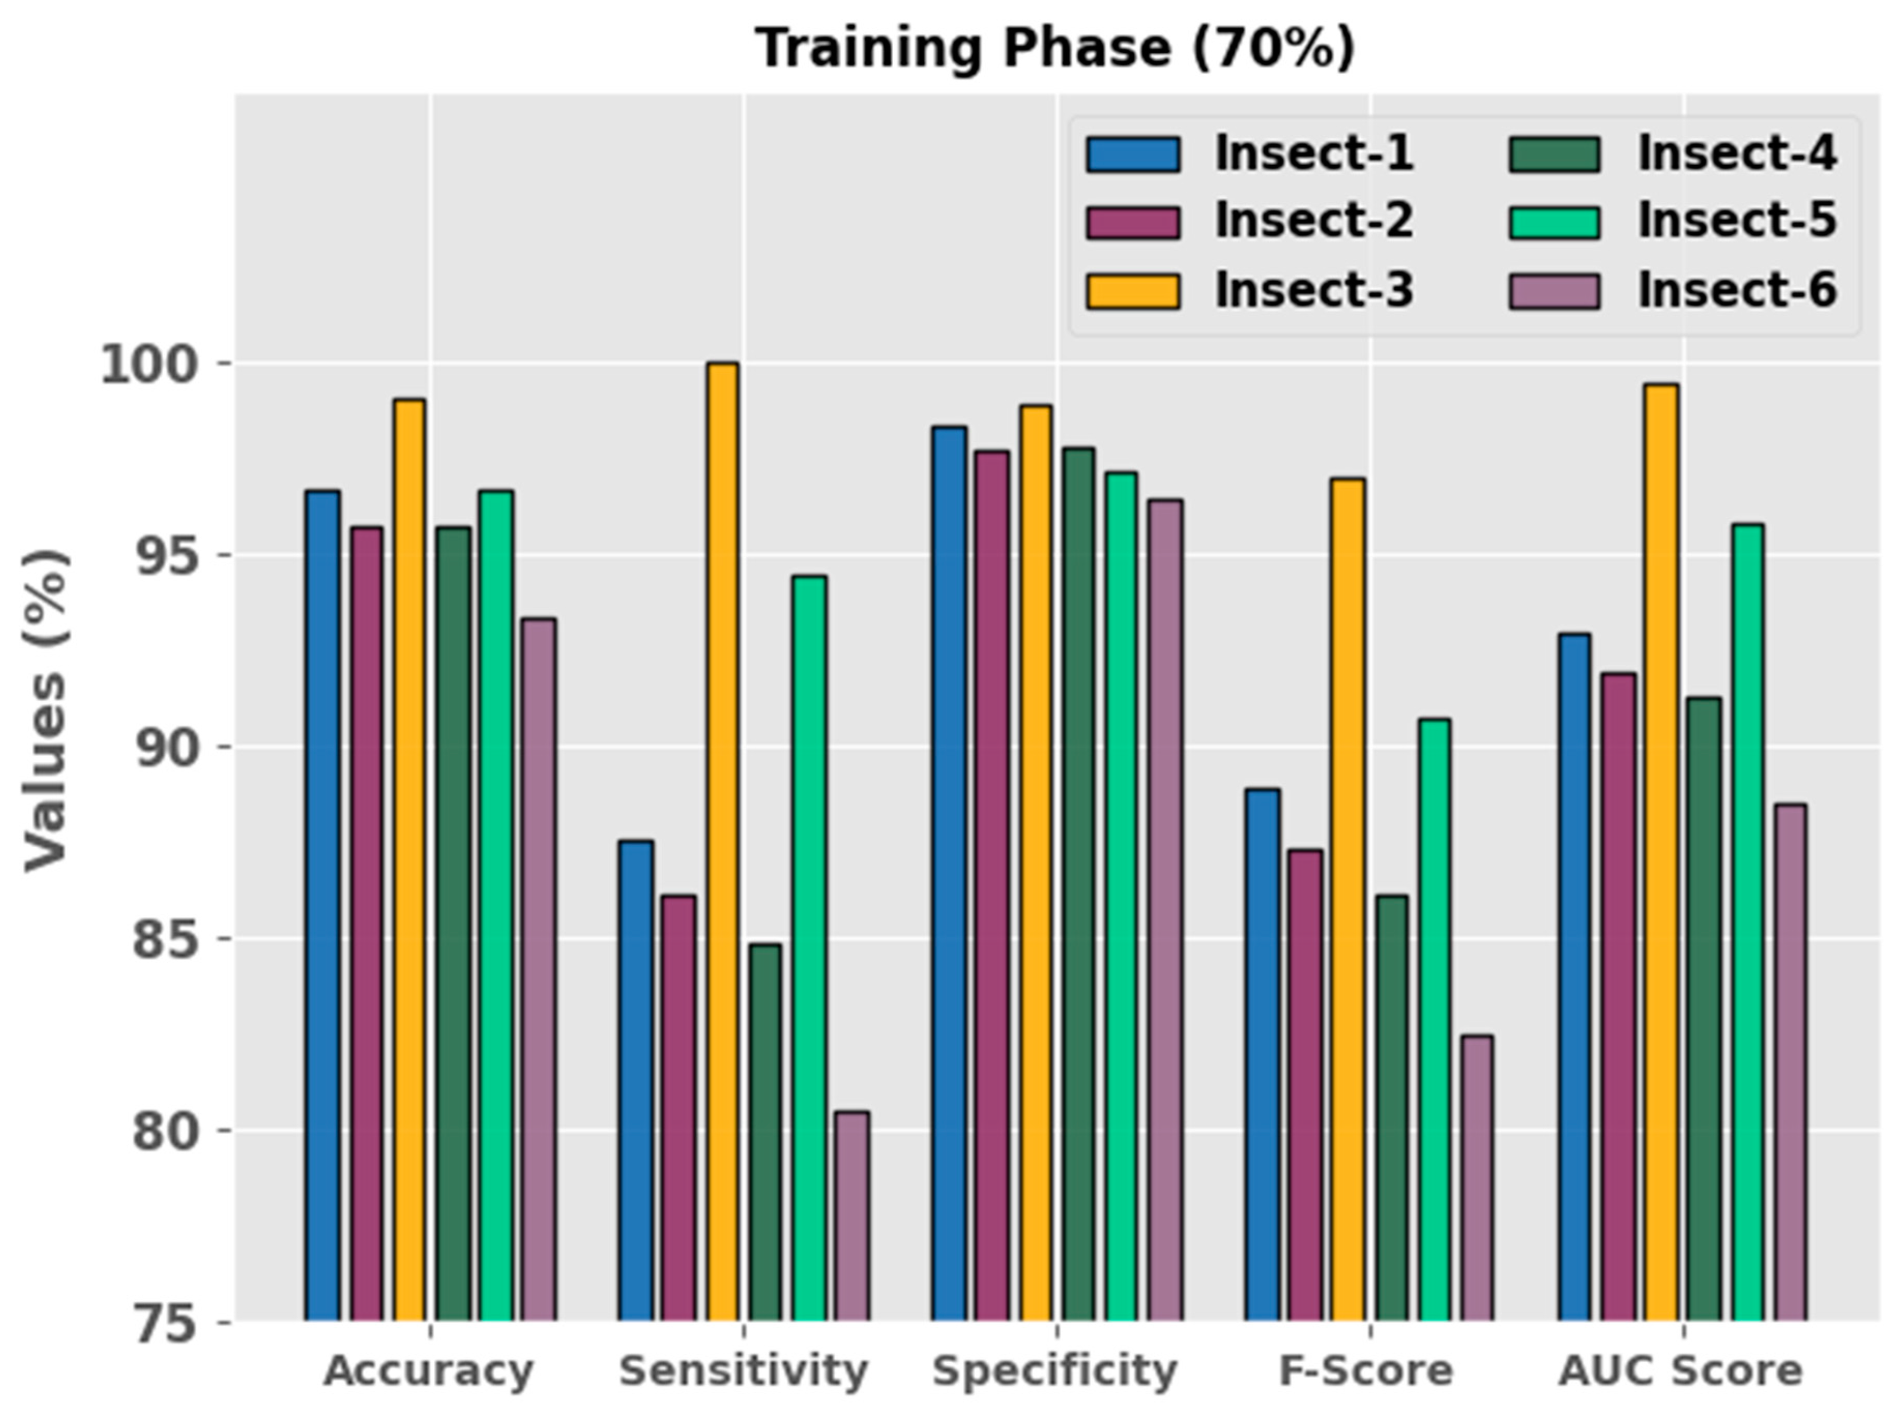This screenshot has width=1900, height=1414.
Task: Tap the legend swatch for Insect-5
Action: (x=1553, y=222)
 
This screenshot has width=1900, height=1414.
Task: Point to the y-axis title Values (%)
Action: (x=45, y=711)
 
